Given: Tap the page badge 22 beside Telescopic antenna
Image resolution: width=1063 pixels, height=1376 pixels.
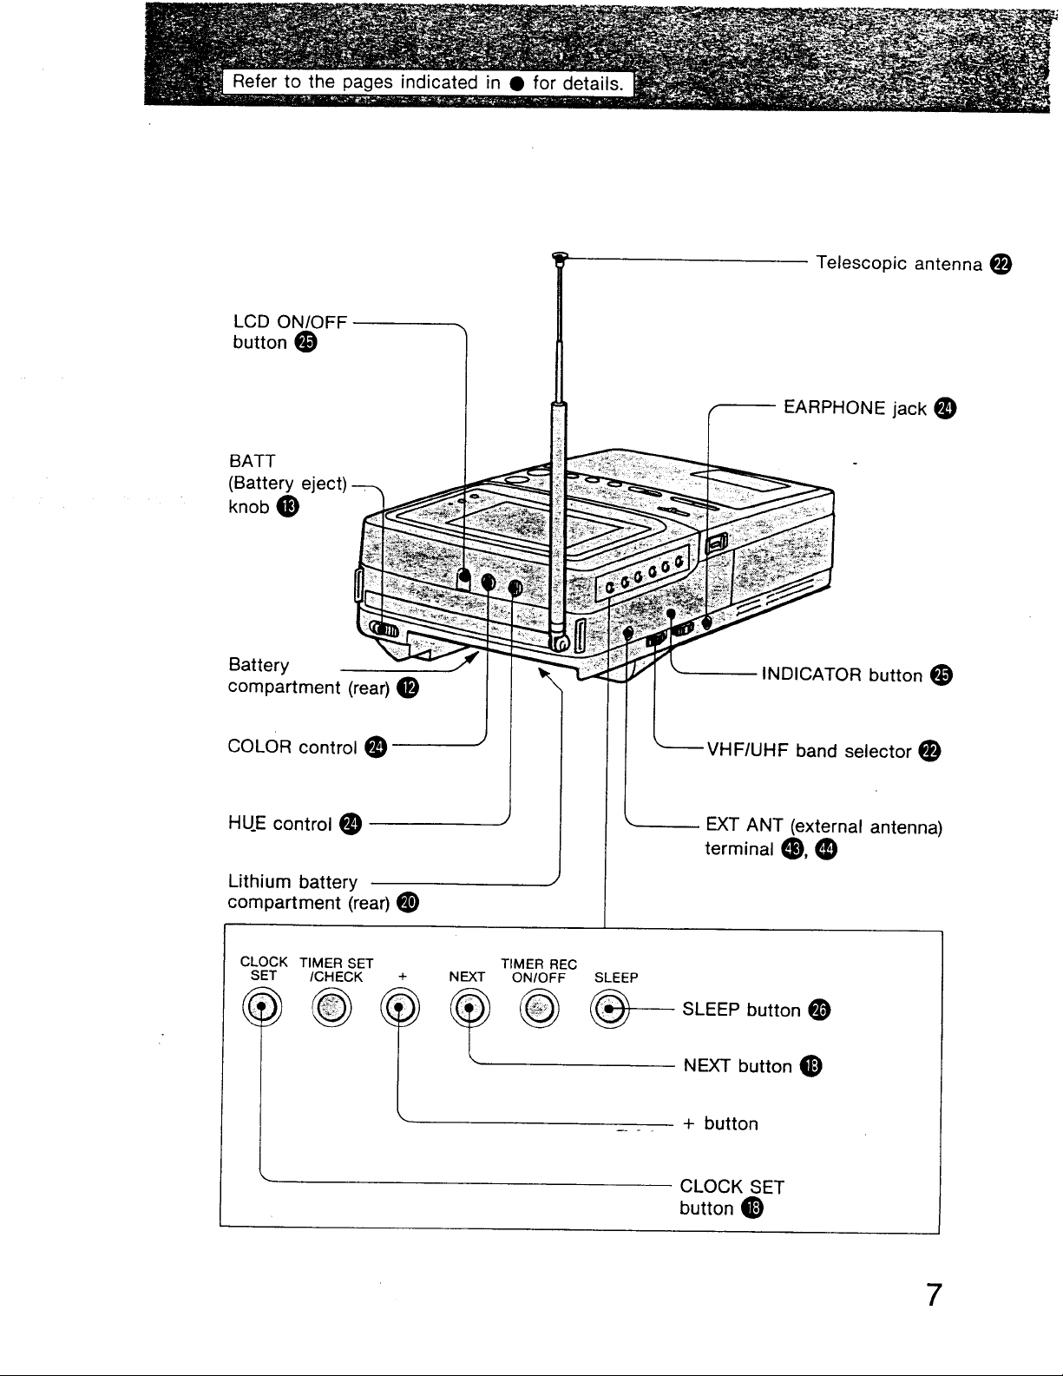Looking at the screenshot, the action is click(x=1001, y=264).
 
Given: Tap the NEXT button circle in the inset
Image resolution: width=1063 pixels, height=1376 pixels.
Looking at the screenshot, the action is click(x=469, y=1008).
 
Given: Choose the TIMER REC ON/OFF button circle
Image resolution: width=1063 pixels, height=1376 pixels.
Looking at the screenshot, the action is click(x=539, y=1008).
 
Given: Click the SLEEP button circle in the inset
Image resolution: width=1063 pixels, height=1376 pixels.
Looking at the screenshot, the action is click(x=609, y=1009).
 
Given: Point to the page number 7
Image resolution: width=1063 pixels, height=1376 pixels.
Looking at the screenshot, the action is click(x=934, y=1295).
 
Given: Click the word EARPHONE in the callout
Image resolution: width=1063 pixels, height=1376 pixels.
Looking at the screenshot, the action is click(x=834, y=407).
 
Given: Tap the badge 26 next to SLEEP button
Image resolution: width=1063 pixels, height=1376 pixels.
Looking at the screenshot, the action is click(x=819, y=1010).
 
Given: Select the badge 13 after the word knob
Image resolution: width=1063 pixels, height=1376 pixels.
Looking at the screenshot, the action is click(x=288, y=507).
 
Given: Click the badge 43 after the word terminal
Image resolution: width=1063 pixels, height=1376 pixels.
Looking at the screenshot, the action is click(x=792, y=848).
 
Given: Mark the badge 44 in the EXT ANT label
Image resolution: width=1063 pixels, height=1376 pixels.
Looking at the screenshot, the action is click(x=826, y=848).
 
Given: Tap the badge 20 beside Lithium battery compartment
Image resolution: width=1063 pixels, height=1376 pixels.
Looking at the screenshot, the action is click(x=408, y=902).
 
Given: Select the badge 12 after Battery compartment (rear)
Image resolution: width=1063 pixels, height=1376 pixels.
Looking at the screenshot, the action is click(x=408, y=688).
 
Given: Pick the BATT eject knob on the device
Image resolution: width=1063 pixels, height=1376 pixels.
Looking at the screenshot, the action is click(x=384, y=630).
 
